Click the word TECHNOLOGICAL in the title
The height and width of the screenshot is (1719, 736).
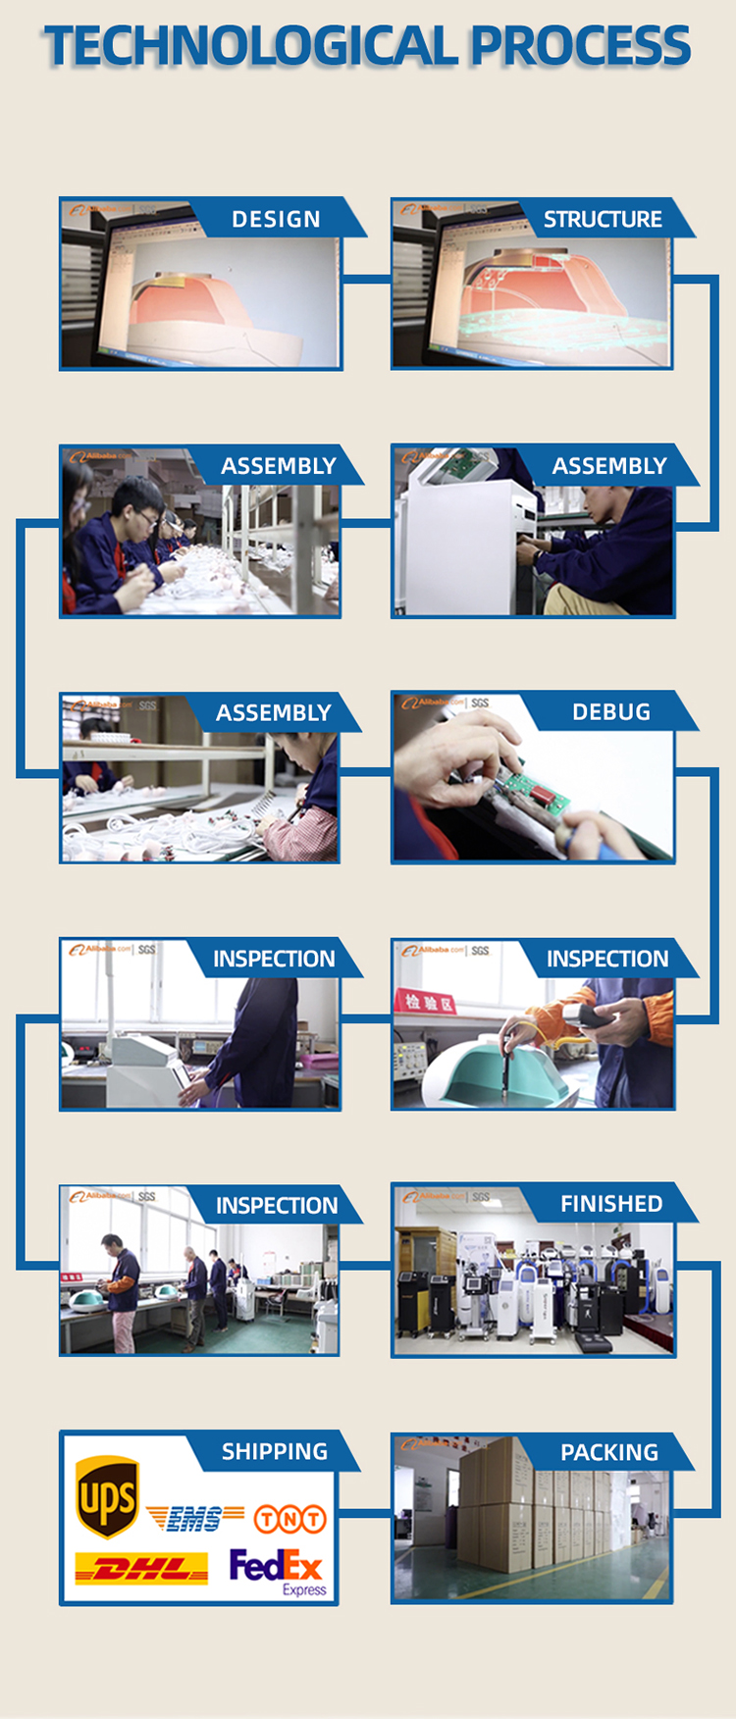(x=250, y=46)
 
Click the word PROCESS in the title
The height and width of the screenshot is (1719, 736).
(x=580, y=46)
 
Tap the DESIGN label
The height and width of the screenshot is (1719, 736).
(x=276, y=219)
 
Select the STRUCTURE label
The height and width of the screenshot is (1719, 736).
(x=603, y=219)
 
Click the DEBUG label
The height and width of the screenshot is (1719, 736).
(x=610, y=711)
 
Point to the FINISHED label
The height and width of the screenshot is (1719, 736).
(x=610, y=1204)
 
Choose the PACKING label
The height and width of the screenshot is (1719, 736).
(x=608, y=1452)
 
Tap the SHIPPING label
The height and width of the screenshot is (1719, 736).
(x=275, y=1451)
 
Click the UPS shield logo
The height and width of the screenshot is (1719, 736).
(x=107, y=1498)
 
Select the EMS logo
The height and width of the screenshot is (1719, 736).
(x=194, y=1519)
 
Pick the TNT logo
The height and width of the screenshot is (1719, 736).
(x=289, y=1519)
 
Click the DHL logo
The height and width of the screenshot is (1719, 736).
(x=141, y=1568)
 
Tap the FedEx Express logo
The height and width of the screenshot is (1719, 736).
(x=277, y=1570)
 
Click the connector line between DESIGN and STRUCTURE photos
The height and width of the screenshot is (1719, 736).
(x=366, y=280)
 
